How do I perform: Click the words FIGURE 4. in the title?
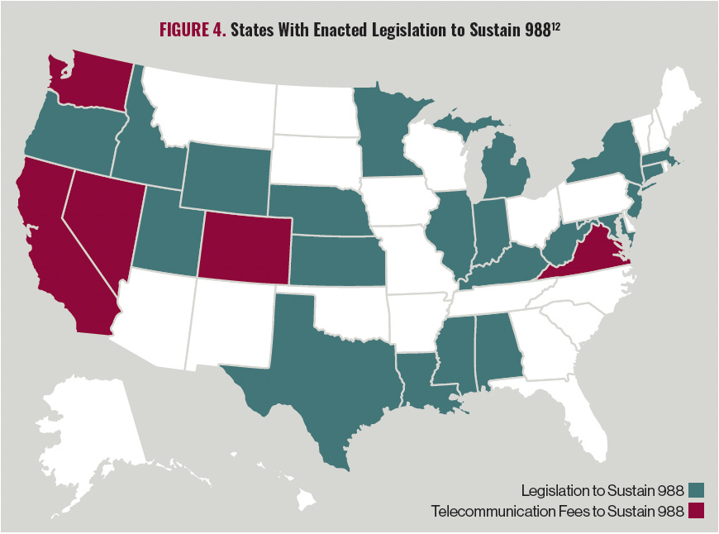tap(192, 31)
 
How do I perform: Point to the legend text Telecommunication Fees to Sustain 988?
tap(558, 512)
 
